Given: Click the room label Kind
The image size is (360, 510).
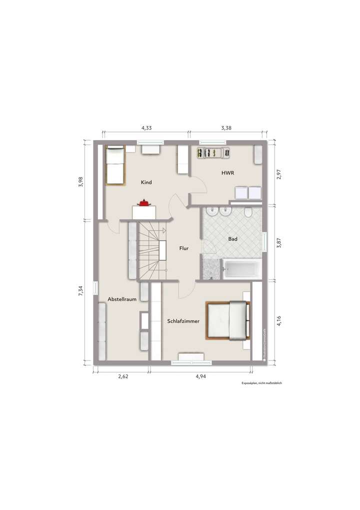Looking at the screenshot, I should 146,182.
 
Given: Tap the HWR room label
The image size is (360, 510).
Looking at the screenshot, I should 228,172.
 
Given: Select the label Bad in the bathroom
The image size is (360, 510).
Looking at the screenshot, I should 232,239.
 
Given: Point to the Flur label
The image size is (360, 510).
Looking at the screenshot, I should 183,248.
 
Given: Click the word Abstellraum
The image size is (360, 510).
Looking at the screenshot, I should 122,299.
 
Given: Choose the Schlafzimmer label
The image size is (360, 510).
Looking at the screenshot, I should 183,321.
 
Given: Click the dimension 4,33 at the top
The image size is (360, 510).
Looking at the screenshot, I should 146,128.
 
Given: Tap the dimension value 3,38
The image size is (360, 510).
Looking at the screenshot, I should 226,128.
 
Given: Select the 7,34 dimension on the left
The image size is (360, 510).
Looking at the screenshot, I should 80,291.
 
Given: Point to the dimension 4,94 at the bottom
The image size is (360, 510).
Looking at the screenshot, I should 200,376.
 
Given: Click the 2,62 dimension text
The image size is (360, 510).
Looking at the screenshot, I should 123,376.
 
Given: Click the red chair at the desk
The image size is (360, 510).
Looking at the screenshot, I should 144,202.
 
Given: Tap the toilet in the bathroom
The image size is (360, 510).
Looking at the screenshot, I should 248,214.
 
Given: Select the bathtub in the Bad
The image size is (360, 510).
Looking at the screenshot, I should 241,270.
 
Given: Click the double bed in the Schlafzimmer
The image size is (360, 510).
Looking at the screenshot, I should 227,320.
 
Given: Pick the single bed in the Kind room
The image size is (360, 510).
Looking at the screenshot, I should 114,165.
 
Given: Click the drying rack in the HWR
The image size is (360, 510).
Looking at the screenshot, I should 212,152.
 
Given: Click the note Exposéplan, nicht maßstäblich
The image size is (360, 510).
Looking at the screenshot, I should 262,383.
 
